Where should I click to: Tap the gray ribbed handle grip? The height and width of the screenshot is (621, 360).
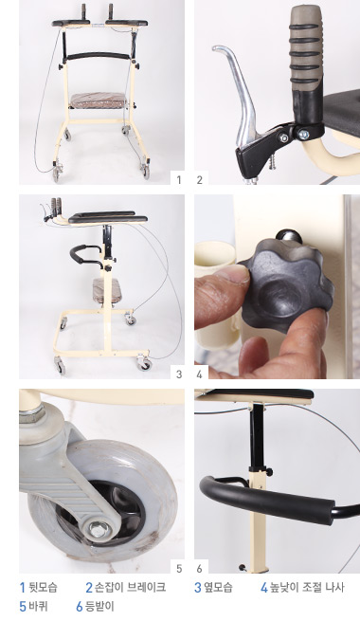tap(305, 46)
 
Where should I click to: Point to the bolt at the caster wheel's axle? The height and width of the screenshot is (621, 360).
tap(98, 530)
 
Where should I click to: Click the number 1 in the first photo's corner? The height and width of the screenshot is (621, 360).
tap(179, 180)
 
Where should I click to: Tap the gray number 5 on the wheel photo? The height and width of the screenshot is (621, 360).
tap(179, 568)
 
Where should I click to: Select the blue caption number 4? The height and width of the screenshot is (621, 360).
tap(264, 587)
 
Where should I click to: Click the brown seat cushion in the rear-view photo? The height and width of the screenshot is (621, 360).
tap(99, 100)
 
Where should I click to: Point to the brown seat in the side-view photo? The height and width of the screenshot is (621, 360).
tap(103, 289)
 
